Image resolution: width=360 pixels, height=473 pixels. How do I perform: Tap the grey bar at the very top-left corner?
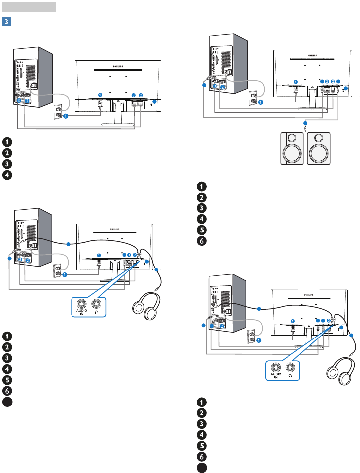pos(29,7)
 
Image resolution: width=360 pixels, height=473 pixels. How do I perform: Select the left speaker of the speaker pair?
pos(291,147)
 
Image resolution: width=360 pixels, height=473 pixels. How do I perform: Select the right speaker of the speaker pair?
pos(321,147)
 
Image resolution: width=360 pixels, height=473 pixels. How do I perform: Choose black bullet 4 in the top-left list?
pos(6,175)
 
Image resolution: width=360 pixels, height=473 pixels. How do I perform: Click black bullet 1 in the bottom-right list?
pos(202,402)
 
